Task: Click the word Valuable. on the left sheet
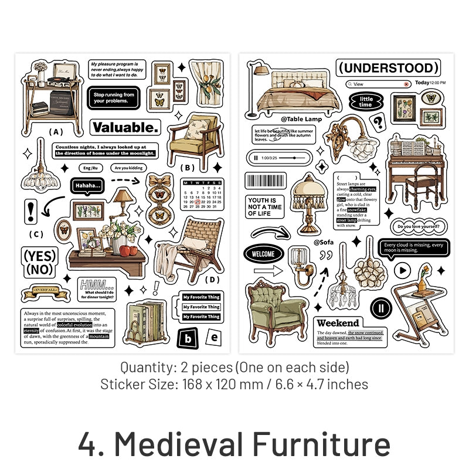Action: click(x=125, y=127)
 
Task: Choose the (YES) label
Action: click(x=40, y=256)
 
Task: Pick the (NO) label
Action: click(x=40, y=270)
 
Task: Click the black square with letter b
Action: click(x=188, y=338)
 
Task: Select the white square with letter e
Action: click(x=214, y=337)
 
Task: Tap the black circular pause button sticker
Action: click(x=380, y=307)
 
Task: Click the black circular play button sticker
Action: click(x=402, y=270)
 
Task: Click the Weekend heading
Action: click(x=338, y=323)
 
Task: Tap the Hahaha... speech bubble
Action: click(x=86, y=186)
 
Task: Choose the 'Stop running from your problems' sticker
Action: click(x=114, y=97)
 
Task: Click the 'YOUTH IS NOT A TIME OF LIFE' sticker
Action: click(x=264, y=206)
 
